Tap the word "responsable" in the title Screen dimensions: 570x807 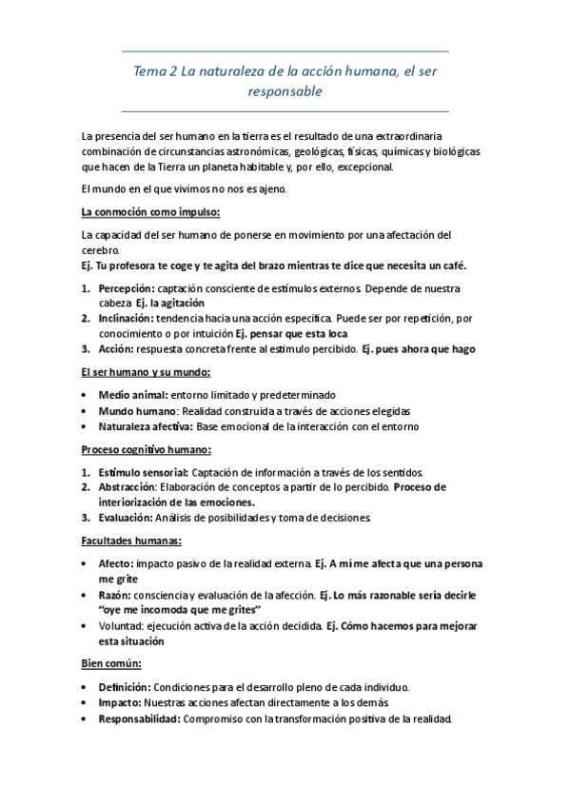(285, 92)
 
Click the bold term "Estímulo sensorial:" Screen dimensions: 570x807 (143, 472)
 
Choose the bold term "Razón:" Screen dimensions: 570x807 (115, 594)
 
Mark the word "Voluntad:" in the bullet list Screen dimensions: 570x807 (121, 625)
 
